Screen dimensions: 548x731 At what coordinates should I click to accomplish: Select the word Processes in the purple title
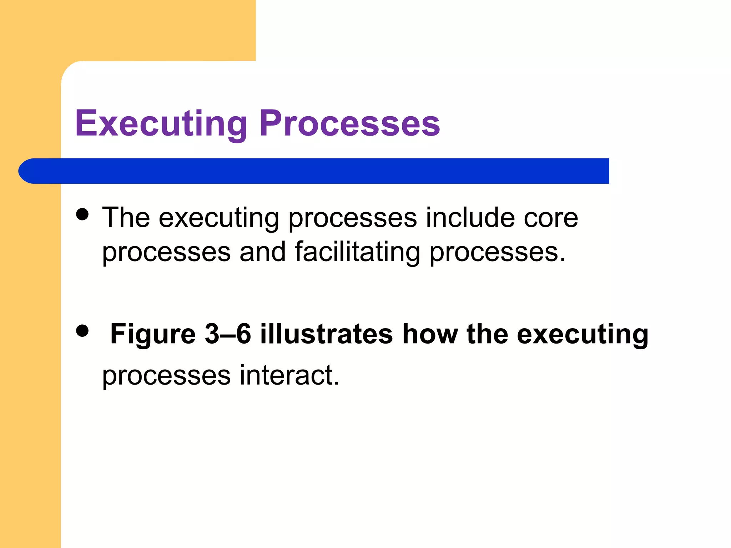350,123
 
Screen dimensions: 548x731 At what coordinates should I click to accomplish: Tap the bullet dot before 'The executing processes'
82,214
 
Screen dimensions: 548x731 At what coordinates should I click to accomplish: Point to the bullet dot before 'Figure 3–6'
82,330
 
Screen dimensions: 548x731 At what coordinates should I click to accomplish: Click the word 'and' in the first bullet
262,252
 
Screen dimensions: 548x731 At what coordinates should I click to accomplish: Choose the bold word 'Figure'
153,334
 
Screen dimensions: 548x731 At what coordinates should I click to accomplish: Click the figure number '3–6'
228,334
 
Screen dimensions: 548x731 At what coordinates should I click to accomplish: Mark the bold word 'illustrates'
326,334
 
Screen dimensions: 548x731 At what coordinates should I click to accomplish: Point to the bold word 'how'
430,334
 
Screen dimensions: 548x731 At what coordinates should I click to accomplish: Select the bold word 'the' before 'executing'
487,334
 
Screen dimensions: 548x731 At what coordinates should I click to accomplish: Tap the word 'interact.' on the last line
289,375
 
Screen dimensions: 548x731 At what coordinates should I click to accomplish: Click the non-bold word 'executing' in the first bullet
219,218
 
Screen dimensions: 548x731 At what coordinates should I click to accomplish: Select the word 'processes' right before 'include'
352,218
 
